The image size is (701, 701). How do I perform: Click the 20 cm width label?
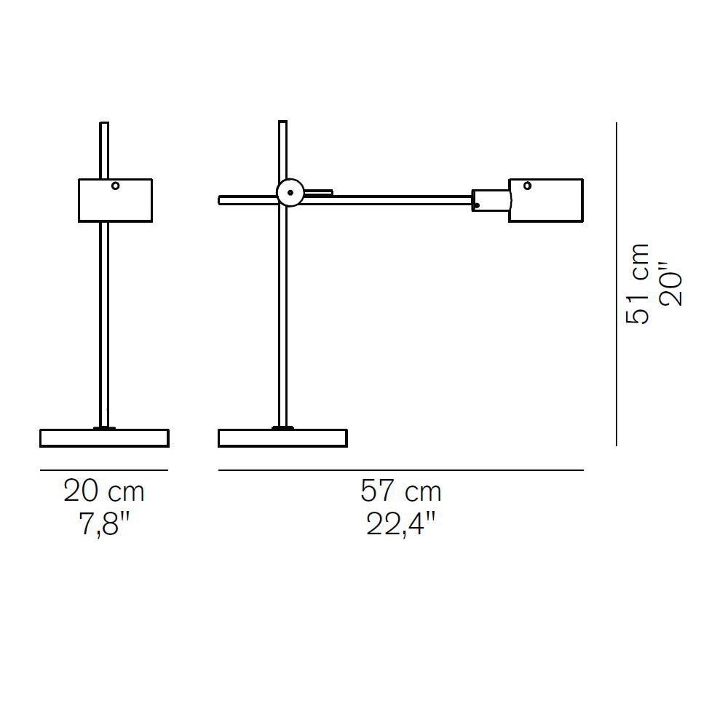pos(104,491)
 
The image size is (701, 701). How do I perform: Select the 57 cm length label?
pos(401,491)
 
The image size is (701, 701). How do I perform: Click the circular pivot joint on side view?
pos(290,193)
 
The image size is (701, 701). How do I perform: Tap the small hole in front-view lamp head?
pos(115,186)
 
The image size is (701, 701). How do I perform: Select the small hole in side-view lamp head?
pos(527,186)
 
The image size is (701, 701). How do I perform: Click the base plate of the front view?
pos(104,437)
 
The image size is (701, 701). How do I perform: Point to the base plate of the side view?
pos(282,437)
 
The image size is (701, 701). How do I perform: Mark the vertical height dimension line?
pos(617,284)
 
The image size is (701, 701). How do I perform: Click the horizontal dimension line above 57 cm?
pos(401,470)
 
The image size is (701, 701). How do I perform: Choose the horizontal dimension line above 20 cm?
pos(104,470)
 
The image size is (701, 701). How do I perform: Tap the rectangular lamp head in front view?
pos(115,200)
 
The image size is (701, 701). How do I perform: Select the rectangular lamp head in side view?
pos(546,199)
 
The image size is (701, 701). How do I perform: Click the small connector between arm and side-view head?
pos(490,200)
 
